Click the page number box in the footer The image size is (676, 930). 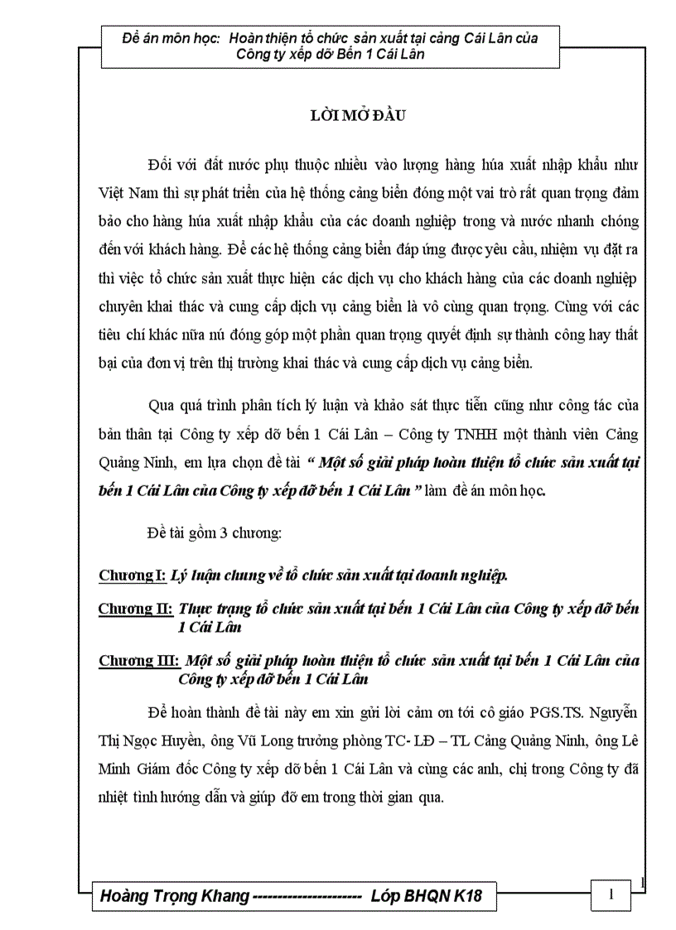pos(611,894)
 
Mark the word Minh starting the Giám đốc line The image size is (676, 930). pos(116,769)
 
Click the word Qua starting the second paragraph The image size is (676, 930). pos(161,406)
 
